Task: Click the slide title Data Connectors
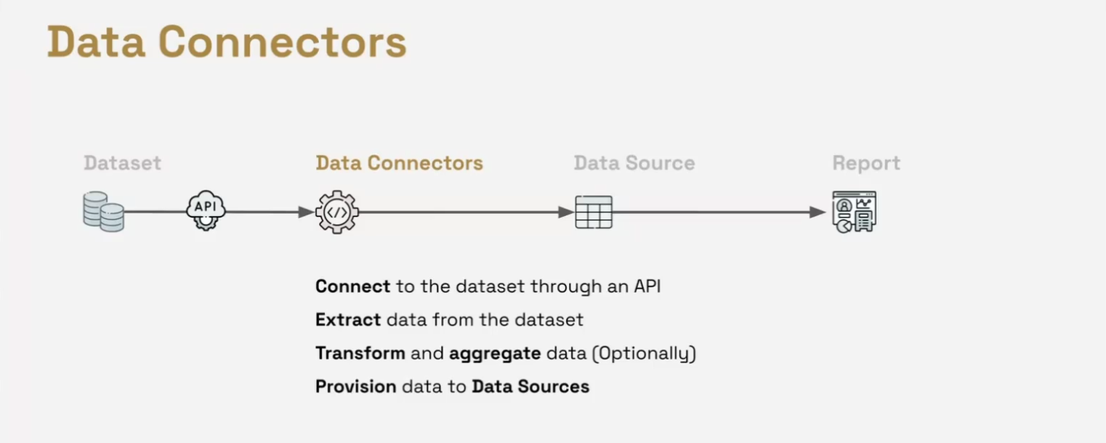227,42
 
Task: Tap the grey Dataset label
122,163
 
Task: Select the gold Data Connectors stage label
399,163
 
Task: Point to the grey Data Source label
634,163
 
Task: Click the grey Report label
866,163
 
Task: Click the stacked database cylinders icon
103,212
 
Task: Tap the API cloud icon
206,210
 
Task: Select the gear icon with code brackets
337,212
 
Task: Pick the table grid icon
594,212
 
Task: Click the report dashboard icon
854,212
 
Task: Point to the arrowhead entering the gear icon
307,212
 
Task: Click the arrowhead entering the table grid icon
566,212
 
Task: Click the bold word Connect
352,286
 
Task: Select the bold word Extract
348,319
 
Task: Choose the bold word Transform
360,354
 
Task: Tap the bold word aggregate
495,354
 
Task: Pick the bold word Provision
356,386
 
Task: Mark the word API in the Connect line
647,286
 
